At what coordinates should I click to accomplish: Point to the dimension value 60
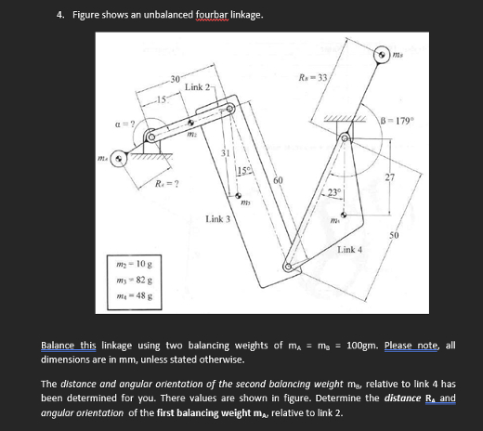(276, 180)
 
